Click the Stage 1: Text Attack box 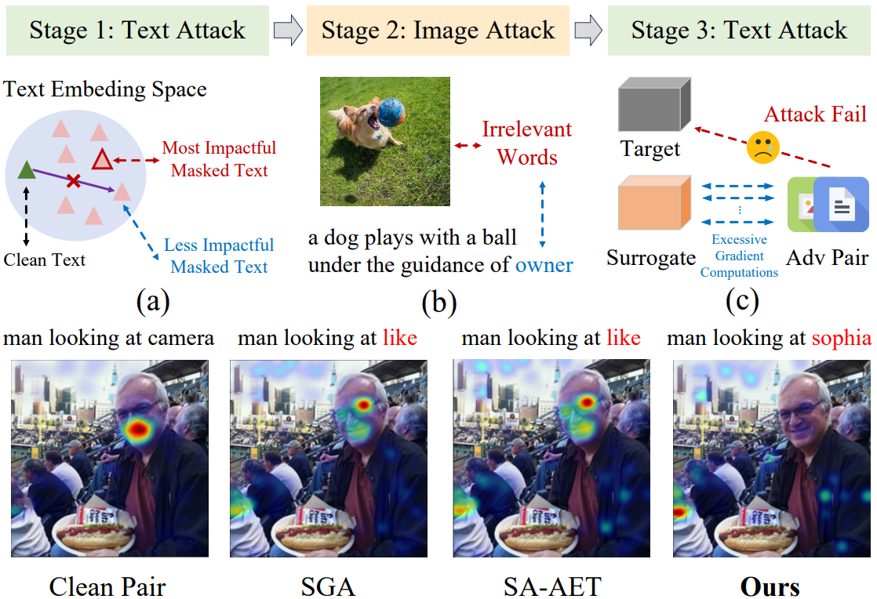point(137,31)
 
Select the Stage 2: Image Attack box point(438,31)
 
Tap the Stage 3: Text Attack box point(739,31)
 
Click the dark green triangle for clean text point(27,170)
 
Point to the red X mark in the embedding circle point(73,181)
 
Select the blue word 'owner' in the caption point(544,265)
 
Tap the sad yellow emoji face point(763,147)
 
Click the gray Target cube point(654,104)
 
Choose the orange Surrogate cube point(654,202)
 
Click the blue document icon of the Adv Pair point(841,205)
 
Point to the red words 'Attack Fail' point(815,114)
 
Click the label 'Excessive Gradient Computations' point(740,256)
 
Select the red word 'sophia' point(841,338)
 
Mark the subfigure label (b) point(439,303)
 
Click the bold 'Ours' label point(770,586)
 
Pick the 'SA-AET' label point(552,586)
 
